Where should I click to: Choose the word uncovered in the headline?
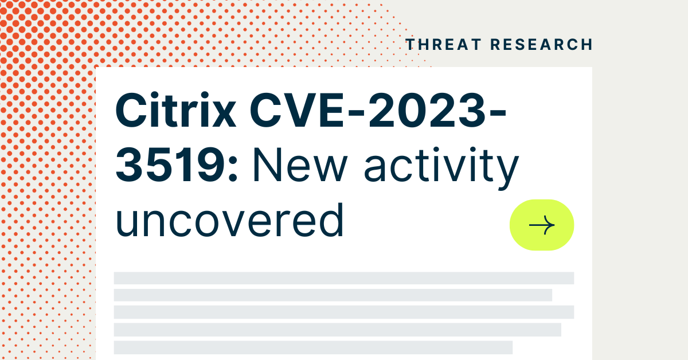(230, 221)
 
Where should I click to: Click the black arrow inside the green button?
(542, 225)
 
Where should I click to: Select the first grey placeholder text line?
(344, 278)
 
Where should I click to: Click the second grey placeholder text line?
(333, 295)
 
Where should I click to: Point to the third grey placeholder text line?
(344, 312)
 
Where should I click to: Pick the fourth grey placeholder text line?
(337, 329)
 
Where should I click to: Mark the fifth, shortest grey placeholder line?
(313, 347)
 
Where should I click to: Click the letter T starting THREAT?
(411, 45)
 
